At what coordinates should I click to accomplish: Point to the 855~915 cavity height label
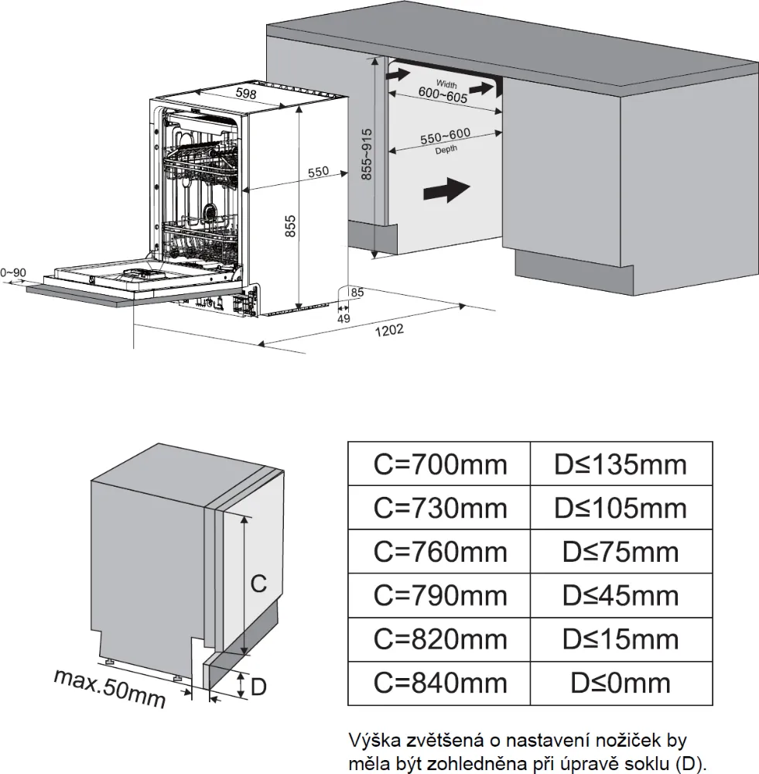[x=367, y=154]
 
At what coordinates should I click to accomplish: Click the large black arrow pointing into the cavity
[x=446, y=188]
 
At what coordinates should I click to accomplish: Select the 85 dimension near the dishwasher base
[x=357, y=293]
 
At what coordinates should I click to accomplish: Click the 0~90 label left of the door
[x=13, y=272]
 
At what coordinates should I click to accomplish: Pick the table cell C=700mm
[x=439, y=464]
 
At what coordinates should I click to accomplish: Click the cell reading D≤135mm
[x=620, y=464]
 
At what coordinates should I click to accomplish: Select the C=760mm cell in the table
[x=439, y=552]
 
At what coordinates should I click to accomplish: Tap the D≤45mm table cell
[x=620, y=595]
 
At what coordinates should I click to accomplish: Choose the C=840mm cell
[x=439, y=683]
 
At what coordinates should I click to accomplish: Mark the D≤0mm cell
[x=620, y=683]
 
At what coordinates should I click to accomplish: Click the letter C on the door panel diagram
[x=259, y=584]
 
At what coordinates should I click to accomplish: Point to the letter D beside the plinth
[x=259, y=686]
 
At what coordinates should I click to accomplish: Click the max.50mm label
[x=111, y=687]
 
